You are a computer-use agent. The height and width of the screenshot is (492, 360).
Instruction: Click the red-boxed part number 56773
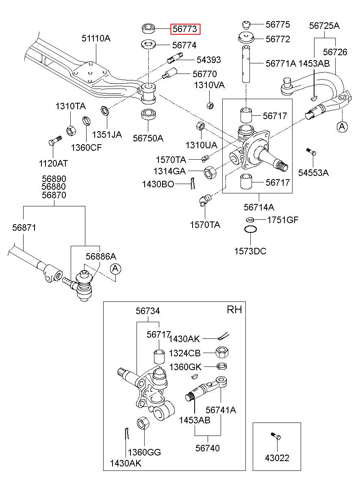click(185, 29)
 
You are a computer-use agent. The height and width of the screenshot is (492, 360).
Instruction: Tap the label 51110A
click(96, 39)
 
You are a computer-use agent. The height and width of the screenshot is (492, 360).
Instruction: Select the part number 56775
click(278, 25)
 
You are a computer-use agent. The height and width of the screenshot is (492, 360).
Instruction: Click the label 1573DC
click(250, 251)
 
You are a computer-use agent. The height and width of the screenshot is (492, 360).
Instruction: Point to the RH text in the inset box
click(234, 310)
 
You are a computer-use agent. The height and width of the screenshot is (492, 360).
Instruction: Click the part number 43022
click(277, 458)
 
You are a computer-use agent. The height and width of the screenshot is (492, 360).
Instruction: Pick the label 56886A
click(101, 256)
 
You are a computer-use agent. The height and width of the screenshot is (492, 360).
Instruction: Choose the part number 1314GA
click(169, 171)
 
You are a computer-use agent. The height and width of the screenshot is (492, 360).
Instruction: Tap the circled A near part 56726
click(342, 127)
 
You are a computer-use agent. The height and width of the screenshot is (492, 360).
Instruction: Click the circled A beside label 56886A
click(115, 269)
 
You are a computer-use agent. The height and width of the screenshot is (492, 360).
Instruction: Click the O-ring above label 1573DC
click(250, 229)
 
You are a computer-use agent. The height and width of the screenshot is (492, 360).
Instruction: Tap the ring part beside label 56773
click(148, 29)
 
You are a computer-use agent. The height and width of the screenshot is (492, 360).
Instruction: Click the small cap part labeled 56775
click(246, 25)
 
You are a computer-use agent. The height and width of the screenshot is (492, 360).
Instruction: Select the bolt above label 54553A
click(311, 152)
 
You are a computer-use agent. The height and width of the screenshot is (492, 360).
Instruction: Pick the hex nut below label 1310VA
click(210, 106)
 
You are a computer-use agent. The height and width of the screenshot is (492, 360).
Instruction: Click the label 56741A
click(221, 410)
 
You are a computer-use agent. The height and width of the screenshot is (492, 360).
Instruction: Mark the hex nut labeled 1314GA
click(210, 173)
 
